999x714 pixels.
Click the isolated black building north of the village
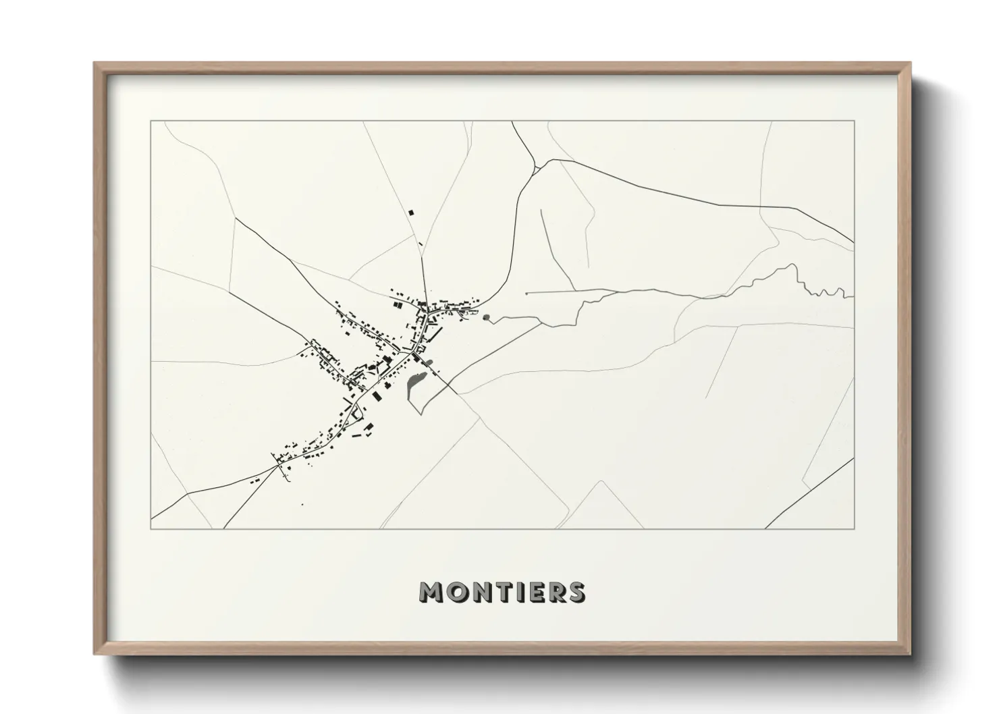[411, 213]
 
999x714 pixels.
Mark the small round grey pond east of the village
[487, 317]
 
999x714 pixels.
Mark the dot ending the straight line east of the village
[526, 294]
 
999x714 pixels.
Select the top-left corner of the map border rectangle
[151, 121]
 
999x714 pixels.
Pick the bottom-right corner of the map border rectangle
[855, 528]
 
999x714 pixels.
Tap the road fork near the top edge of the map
[535, 167]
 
